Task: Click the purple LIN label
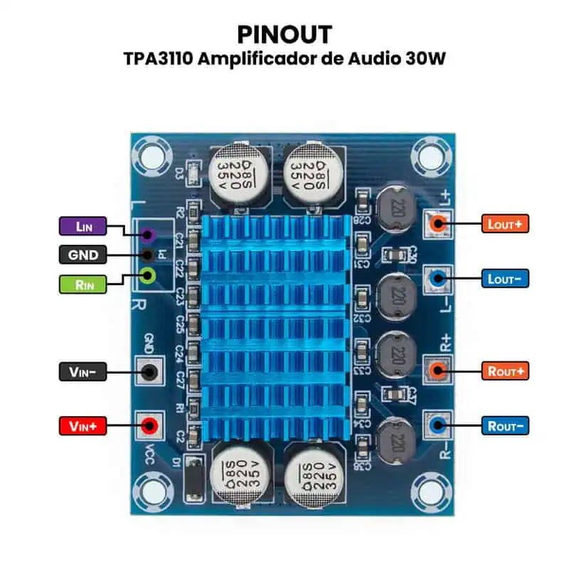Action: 82,226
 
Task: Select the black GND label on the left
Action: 82,255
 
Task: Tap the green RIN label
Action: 82,284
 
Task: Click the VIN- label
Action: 82,371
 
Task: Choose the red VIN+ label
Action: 82,426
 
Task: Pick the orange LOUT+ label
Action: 505,223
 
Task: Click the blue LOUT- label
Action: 505,279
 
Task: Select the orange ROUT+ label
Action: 505,371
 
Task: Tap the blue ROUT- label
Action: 505,426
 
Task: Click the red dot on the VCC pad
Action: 149,426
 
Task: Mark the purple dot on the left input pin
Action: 149,235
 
